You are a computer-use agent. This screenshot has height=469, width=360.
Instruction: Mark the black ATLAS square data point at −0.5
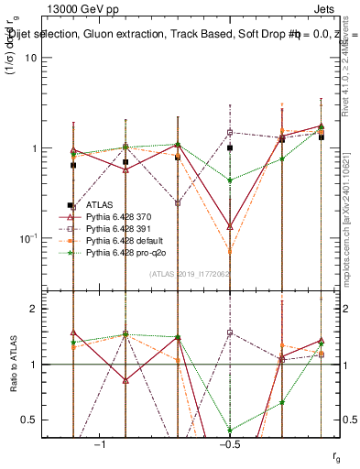230,147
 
